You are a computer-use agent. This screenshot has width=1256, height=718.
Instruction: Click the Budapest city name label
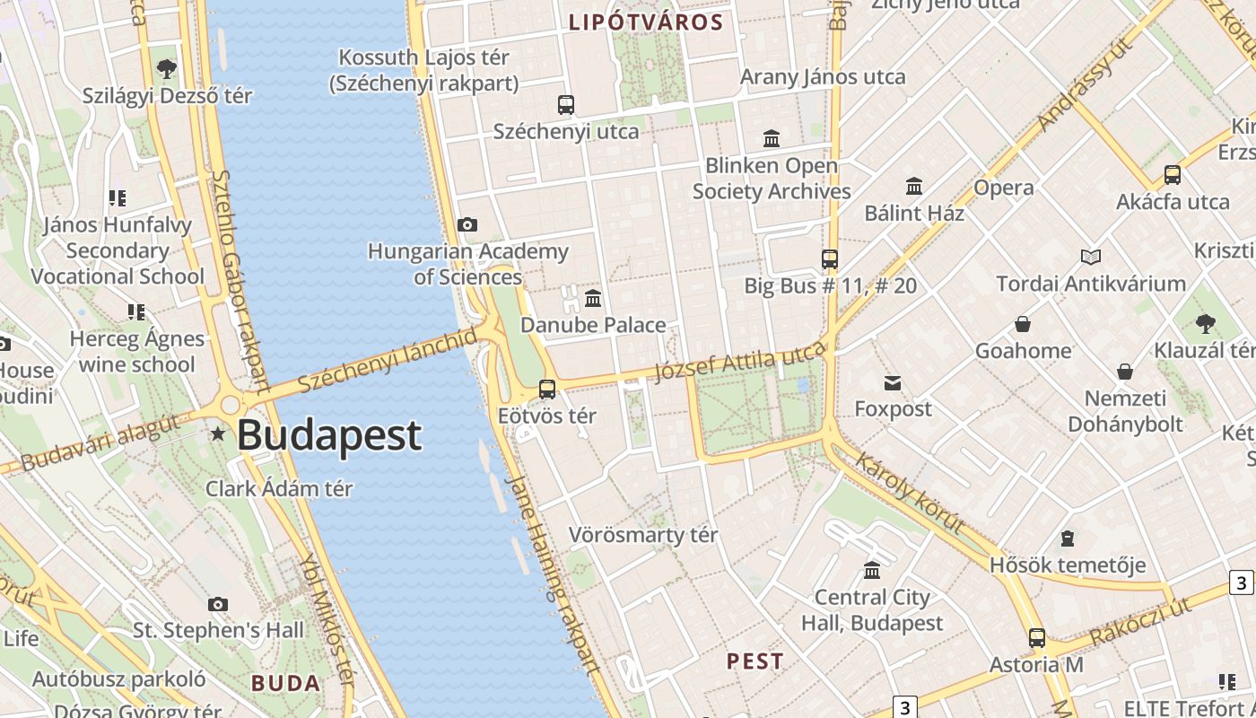point(329,435)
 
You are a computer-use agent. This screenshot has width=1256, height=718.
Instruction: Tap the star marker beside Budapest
point(218,434)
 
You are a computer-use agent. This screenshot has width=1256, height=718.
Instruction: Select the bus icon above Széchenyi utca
point(565,105)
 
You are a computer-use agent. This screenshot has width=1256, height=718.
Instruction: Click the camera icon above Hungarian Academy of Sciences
point(467,224)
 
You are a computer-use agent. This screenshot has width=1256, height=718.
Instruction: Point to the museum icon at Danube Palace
point(593,298)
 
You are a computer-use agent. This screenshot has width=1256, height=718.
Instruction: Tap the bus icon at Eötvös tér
point(546,390)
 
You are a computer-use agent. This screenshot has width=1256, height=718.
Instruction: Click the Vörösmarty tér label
point(643,535)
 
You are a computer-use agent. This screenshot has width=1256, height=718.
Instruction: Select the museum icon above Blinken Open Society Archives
point(772,138)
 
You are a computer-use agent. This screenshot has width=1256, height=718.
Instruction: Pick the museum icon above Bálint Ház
point(914,186)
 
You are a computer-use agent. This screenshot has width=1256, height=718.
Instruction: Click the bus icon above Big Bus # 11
point(830,259)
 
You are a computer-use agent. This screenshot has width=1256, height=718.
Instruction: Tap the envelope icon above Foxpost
point(893,383)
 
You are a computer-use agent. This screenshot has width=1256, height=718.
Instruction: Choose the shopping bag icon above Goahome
point(1023,324)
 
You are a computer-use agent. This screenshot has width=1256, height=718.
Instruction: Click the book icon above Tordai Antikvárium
point(1091,258)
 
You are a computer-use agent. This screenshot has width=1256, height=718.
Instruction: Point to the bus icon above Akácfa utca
point(1173,175)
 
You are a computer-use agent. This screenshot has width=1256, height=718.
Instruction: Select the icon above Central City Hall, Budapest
point(872,570)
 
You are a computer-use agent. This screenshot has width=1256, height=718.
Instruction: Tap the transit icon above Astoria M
point(1037,638)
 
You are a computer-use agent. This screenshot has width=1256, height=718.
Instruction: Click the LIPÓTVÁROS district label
point(646,22)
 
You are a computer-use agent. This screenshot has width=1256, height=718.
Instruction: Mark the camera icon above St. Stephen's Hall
point(218,604)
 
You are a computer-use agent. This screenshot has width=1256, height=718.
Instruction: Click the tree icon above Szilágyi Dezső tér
point(167,68)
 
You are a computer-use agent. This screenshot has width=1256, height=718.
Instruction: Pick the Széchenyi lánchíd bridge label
point(388,360)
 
